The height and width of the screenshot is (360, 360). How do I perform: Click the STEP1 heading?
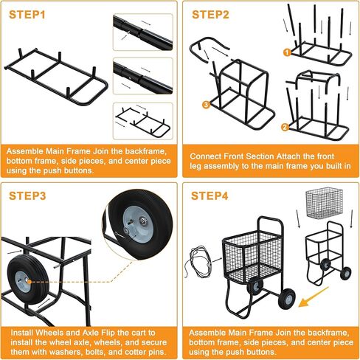(x=27, y=15)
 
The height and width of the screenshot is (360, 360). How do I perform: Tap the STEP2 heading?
(x=210, y=15)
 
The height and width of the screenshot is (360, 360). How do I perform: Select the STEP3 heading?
(x=27, y=196)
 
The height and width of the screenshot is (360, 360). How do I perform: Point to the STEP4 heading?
(x=210, y=196)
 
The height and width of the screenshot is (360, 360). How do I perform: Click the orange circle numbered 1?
(x=287, y=52)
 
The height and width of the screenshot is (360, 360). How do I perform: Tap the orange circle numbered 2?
(x=285, y=127)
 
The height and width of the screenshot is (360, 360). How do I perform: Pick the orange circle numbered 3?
(x=206, y=105)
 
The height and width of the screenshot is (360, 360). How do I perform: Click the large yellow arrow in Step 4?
(x=313, y=297)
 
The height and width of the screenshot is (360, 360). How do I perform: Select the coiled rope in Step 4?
(x=198, y=261)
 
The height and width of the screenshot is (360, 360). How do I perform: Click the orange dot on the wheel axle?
(x=30, y=282)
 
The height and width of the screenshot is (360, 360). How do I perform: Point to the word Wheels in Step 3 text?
(x=49, y=333)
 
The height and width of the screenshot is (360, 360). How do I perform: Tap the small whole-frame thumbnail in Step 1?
(x=143, y=122)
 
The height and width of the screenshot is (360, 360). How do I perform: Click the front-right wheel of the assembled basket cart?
(x=286, y=298)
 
